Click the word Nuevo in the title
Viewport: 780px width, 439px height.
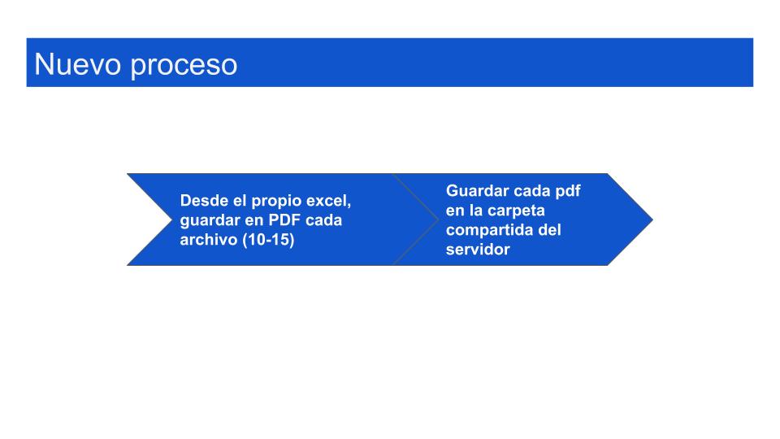78,64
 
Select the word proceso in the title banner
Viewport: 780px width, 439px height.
184,67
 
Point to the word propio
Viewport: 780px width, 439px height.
276,202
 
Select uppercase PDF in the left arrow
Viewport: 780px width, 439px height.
284,220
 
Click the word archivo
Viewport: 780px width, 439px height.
209,239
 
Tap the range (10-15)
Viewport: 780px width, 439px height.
269,240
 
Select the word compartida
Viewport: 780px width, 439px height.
489,230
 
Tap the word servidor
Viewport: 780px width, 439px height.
478,249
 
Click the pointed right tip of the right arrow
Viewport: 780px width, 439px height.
652,219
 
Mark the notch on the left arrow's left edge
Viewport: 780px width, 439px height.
171,219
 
